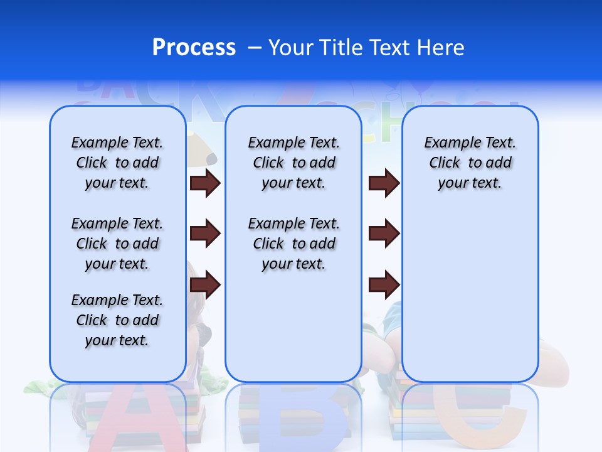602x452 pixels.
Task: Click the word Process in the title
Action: [194, 48]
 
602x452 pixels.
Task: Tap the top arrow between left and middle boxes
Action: [205, 183]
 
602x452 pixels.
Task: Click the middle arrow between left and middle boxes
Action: [205, 234]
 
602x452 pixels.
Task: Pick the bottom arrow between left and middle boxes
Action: [205, 286]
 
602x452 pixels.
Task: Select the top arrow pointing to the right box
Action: [384, 183]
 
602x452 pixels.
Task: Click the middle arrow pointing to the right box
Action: [384, 234]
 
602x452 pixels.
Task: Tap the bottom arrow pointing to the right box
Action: [384, 286]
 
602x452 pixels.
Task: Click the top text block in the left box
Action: [117, 163]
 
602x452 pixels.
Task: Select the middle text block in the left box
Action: [117, 244]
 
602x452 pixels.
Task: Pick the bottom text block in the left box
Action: [117, 320]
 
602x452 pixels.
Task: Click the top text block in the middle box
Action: [293, 163]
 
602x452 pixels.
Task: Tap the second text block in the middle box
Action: [293, 244]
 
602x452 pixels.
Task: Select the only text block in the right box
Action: [470, 163]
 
